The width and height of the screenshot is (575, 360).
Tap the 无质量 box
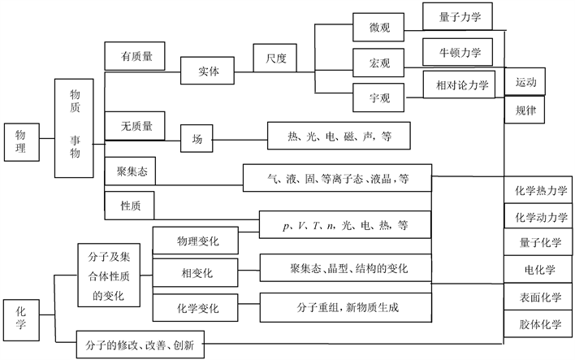pos(136,126)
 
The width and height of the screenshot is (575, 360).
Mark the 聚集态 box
pos(130,171)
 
